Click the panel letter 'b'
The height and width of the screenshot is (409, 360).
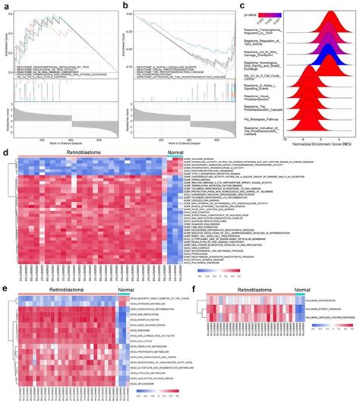click(125, 5)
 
